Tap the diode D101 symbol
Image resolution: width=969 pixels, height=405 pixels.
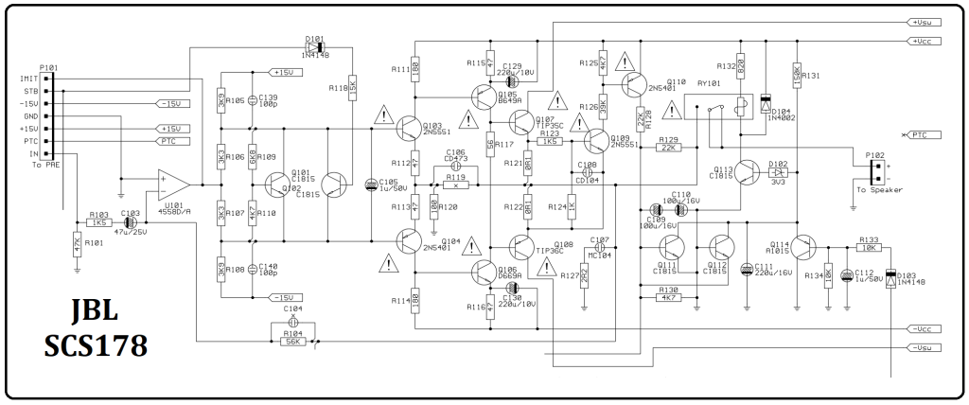(315, 47)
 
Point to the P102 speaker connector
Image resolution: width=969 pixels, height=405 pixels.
(877, 172)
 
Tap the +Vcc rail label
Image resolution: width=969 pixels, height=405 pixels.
(922, 41)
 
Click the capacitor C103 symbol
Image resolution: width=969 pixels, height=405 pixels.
(130, 223)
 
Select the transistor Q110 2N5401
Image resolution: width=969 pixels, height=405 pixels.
(631, 83)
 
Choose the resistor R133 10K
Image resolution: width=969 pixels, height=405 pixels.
(868, 248)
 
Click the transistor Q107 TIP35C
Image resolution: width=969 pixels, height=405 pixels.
(521, 121)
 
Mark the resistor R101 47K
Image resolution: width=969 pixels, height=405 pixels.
(77, 244)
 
